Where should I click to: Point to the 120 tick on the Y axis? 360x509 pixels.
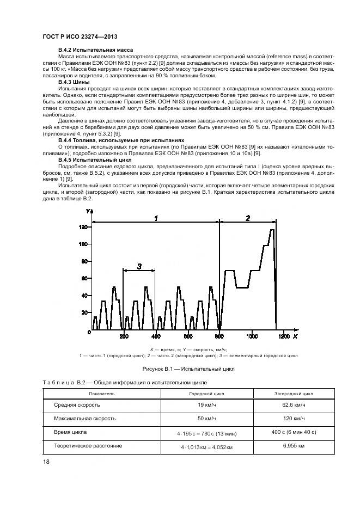coord(83,227)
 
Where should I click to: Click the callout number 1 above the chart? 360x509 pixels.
coord(156,218)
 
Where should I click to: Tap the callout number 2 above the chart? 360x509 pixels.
coord(248,218)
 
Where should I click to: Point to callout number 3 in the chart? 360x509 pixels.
coord(139,266)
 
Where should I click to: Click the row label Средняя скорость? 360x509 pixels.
coord(77,405)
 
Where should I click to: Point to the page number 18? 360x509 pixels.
coord(47,462)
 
